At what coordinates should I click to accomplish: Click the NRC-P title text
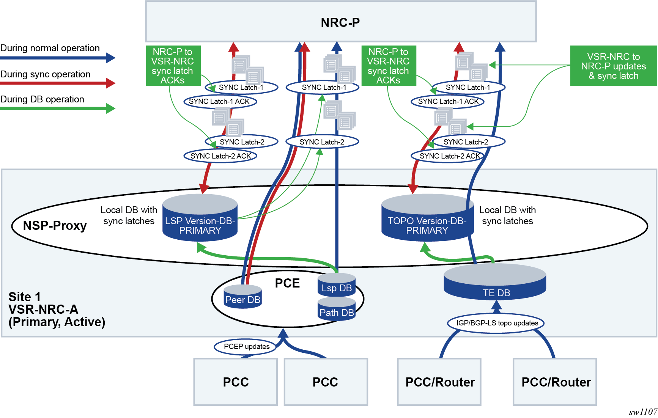[340, 23]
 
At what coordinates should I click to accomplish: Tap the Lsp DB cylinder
[337, 286]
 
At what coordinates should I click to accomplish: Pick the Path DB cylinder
[337, 310]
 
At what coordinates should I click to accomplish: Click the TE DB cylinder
[495, 284]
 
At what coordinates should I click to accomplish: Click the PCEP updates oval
[247, 347]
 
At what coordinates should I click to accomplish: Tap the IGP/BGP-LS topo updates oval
[497, 323]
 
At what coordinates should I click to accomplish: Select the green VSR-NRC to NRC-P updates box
[613, 66]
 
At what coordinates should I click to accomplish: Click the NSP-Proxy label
[55, 226]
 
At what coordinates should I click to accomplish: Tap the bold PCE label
[287, 283]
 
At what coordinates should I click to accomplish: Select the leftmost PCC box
[235, 382]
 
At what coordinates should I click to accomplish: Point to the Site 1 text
[25, 297]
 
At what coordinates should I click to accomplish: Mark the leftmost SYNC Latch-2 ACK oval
[220, 156]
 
